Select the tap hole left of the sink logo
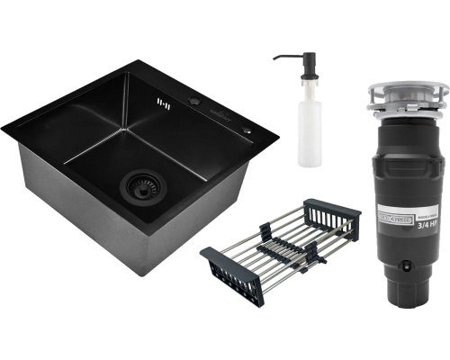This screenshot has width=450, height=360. tap(194, 103)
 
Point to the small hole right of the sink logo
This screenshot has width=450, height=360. tap(248, 129)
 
